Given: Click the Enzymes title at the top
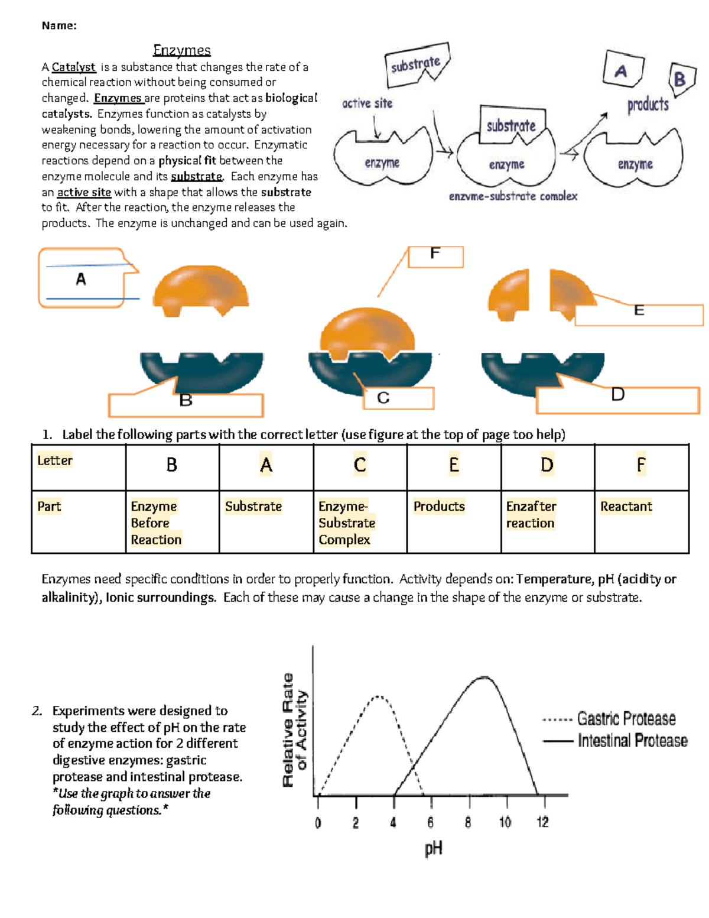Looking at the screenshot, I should (181, 50).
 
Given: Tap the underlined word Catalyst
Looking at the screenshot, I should (73, 67).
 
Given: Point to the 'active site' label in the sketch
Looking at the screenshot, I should (367, 103).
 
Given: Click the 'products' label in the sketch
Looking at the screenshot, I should (648, 105).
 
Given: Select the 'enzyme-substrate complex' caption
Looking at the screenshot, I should (513, 196).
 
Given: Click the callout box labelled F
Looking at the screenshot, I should (435, 256).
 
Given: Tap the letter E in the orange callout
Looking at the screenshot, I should (639, 311).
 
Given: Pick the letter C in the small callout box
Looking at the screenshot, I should (383, 398).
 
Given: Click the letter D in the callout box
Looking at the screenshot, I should (617, 395).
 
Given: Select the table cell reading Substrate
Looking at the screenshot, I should (253, 507).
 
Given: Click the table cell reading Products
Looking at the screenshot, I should (439, 507).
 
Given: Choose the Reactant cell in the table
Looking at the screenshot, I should (626, 507).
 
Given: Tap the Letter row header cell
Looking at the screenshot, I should (55, 460).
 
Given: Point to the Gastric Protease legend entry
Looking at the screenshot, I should (626, 719).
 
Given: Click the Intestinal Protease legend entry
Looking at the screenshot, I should (632, 741).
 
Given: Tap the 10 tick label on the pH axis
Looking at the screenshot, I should (505, 822).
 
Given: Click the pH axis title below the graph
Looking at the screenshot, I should (433, 849).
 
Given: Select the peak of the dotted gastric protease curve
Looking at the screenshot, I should (377, 697).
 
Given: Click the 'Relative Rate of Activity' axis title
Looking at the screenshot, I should (295, 730).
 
